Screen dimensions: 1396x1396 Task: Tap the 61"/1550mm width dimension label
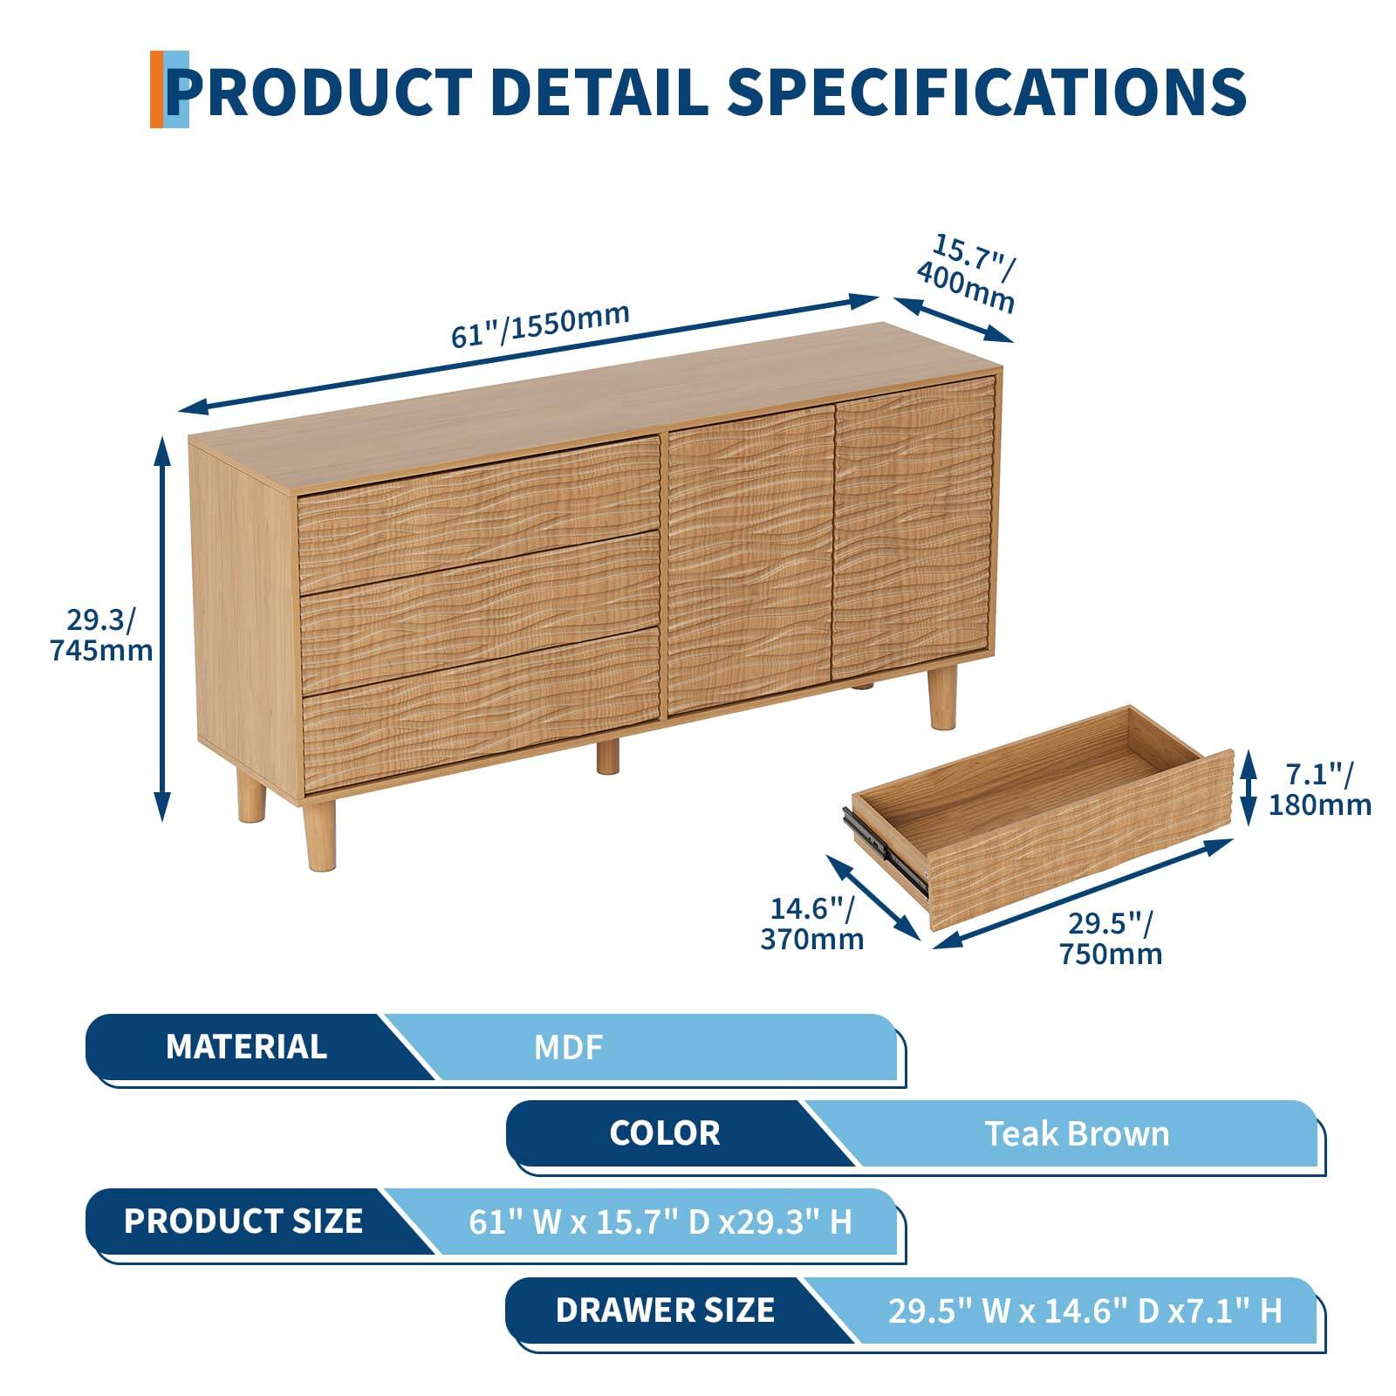(x=540, y=325)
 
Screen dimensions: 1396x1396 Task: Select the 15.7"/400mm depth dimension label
(x=967, y=274)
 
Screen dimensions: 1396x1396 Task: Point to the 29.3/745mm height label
(x=101, y=634)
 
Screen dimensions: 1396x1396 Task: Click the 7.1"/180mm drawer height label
(x=1319, y=788)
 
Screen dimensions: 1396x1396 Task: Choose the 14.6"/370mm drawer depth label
(x=811, y=923)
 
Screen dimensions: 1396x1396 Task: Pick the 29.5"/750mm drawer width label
(x=1111, y=938)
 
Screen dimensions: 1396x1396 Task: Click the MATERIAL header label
(x=246, y=1046)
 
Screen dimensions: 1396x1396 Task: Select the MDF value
(x=568, y=1047)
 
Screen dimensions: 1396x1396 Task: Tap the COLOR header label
(x=664, y=1133)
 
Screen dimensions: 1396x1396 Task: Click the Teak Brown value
(x=1077, y=1133)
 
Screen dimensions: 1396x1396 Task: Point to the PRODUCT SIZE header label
(x=243, y=1221)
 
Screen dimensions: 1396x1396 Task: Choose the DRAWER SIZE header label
(x=665, y=1310)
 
